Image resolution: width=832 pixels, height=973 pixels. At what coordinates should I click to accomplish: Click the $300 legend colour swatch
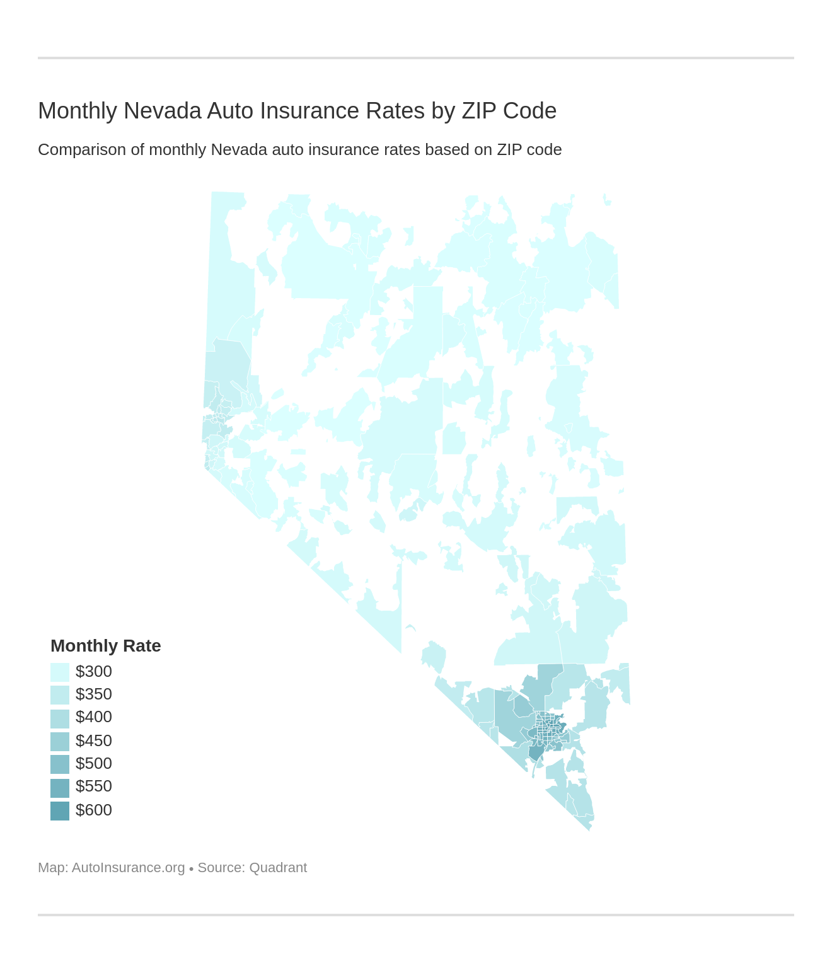[x=60, y=672]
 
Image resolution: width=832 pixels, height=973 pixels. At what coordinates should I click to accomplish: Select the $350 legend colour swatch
[x=60, y=694]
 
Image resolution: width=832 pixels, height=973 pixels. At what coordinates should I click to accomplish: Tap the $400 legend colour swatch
[x=60, y=718]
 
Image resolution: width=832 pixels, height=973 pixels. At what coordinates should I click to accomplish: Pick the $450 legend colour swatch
[x=60, y=741]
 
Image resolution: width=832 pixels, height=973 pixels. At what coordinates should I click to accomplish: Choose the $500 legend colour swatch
[x=60, y=764]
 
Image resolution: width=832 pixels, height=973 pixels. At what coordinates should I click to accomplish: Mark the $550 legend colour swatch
[x=60, y=788]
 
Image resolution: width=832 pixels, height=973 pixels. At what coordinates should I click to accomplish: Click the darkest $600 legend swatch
[x=60, y=810]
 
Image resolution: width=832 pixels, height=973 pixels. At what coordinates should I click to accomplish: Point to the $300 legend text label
[x=93, y=672]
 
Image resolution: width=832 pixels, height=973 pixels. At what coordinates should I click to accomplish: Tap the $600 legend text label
[x=93, y=810]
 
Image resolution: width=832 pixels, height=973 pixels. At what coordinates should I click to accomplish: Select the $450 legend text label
[x=93, y=741]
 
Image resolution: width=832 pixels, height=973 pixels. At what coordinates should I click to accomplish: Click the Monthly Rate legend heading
[x=105, y=646]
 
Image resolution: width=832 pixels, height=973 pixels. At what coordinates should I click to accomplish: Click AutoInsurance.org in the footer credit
[x=128, y=868]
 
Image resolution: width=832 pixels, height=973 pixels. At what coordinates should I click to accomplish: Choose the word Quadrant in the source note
[x=278, y=868]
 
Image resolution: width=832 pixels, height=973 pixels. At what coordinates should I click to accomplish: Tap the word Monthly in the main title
[x=78, y=111]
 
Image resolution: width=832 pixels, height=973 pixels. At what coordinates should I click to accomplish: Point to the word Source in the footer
[x=220, y=868]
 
